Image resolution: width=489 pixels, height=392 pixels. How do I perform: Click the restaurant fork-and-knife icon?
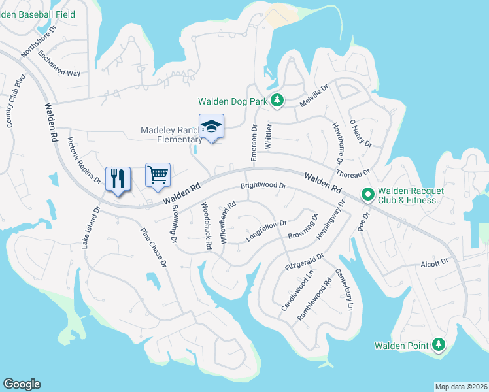click(x=118, y=178)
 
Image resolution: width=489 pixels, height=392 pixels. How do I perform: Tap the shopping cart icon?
click(x=158, y=175)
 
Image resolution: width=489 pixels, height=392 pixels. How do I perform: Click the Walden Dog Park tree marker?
click(x=278, y=101)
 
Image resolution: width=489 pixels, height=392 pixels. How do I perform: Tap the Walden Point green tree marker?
click(x=439, y=345)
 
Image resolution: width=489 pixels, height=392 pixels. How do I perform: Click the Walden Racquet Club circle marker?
click(x=367, y=195)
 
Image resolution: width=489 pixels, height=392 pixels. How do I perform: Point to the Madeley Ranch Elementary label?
click(x=171, y=135)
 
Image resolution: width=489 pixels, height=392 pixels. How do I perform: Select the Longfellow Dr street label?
click(x=266, y=231)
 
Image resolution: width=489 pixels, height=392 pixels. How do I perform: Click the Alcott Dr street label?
click(x=435, y=262)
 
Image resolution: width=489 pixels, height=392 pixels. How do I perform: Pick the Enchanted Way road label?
click(x=59, y=63)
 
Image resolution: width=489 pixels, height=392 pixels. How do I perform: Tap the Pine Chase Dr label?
click(x=154, y=248)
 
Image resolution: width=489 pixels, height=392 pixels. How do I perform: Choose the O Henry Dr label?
click(x=360, y=133)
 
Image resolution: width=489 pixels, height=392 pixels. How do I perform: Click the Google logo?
click(x=22, y=384)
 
